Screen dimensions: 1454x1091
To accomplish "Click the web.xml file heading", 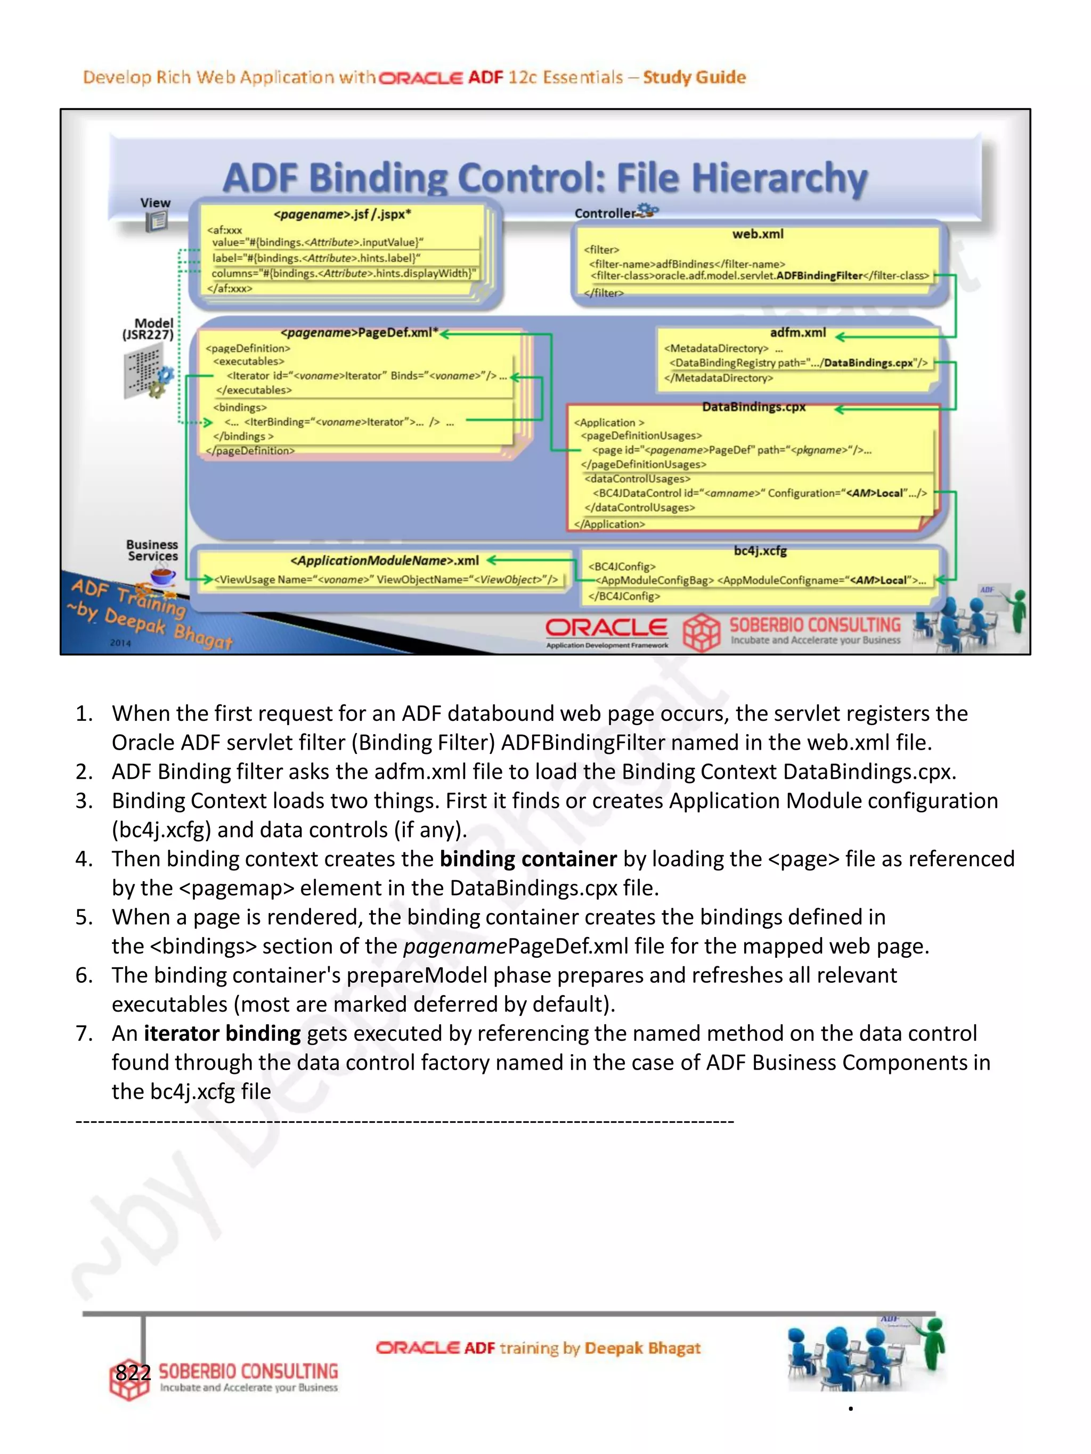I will pos(758,234).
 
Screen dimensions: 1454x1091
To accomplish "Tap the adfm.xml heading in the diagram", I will pos(797,333).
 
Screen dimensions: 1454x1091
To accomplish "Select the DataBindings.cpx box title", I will pos(754,407).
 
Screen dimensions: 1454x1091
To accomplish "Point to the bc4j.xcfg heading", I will pos(760,551).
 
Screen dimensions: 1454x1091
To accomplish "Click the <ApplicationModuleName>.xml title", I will pos(385,561).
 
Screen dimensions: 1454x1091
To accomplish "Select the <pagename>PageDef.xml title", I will pos(359,333).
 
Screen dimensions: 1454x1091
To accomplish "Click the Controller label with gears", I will pos(605,213).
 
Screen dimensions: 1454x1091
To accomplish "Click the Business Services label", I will pos(152,550).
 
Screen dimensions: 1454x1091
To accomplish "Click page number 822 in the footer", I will pos(133,1373).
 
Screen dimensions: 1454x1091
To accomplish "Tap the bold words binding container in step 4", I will pos(528,859).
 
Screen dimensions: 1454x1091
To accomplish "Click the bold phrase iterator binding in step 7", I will pos(222,1033).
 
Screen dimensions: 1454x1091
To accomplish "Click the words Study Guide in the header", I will pos(694,78).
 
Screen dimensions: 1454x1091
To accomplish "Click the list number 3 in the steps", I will pos(84,801).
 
